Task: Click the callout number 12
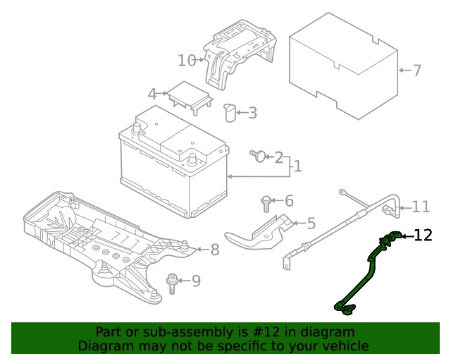(423, 235)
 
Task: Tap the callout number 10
(187, 61)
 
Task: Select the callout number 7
(417, 71)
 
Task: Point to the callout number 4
(152, 94)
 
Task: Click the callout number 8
(215, 250)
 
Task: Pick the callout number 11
(421, 207)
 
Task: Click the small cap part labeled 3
(230, 112)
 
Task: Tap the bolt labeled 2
(257, 156)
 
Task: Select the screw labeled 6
(266, 204)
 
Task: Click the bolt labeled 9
(172, 283)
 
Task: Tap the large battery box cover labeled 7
(343, 66)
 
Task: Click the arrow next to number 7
(405, 71)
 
